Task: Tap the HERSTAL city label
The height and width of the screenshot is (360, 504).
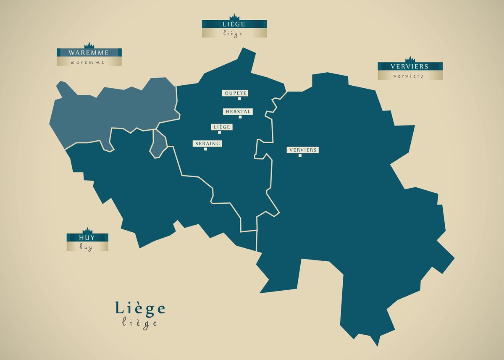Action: click(238, 112)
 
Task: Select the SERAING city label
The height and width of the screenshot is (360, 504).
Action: click(207, 144)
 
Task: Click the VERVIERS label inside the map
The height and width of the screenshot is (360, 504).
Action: click(302, 150)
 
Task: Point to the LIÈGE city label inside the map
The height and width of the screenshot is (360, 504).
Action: click(222, 127)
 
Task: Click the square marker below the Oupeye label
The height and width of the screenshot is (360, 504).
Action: click(239, 99)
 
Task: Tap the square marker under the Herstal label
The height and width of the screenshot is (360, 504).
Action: click(240, 117)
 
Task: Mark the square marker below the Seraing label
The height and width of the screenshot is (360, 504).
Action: click(205, 149)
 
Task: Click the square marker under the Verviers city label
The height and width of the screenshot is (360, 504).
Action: click(300, 155)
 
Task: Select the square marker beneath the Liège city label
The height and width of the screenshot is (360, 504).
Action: click(219, 132)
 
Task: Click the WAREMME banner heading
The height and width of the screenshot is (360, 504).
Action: click(89, 53)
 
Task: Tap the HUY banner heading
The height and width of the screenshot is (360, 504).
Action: click(87, 238)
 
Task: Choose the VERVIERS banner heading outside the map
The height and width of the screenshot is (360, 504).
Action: click(409, 66)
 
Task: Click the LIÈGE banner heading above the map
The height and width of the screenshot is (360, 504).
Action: click(234, 24)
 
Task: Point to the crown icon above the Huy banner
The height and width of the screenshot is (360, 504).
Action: click(87, 230)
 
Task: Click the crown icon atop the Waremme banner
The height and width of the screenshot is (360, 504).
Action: click(89, 45)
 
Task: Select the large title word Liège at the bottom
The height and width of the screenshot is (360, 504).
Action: click(140, 309)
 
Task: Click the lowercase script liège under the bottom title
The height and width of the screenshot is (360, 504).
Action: click(140, 323)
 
